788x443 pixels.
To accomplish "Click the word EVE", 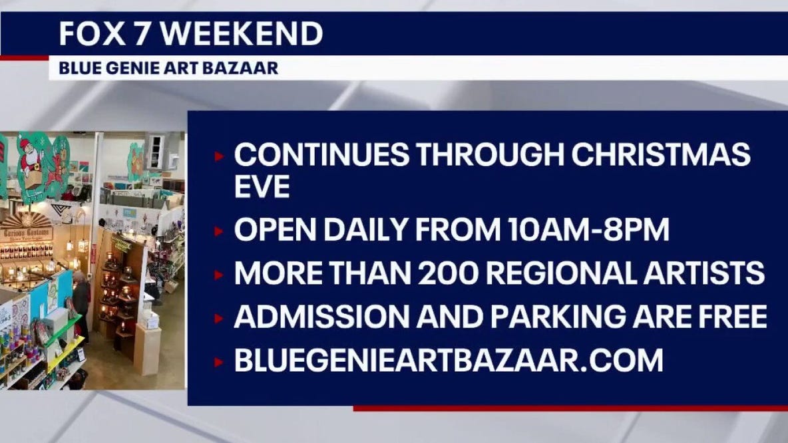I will (x=262, y=187).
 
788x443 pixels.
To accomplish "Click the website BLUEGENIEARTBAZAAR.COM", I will (x=448, y=360).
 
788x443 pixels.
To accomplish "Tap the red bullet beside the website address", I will (x=219, y=362).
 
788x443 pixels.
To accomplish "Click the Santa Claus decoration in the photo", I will (x=31, y=159).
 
